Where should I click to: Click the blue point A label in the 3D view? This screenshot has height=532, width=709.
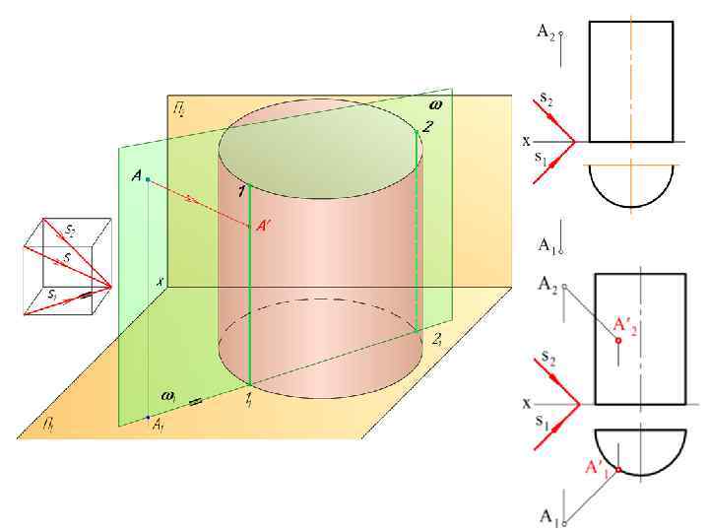[x=136, y=175]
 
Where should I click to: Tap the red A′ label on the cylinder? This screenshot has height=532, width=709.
[x=264, y=227]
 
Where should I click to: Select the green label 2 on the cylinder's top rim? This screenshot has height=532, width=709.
[x=426, y=125]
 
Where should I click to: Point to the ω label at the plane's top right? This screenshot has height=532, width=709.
[x=435, y=102]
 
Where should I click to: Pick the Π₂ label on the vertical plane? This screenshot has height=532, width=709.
[x=179, y=107]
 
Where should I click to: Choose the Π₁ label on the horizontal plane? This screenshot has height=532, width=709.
[x=47, y=424]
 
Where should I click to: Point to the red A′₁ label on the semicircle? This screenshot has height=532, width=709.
[x=597, y=466]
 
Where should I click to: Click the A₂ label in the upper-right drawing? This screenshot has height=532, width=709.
[x=546, y=32]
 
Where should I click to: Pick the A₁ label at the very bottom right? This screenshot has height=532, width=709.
[x=548, y=515]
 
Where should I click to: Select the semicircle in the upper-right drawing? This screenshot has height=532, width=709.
[x=630, y=187]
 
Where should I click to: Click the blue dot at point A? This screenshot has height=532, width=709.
[x=148, y=179]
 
